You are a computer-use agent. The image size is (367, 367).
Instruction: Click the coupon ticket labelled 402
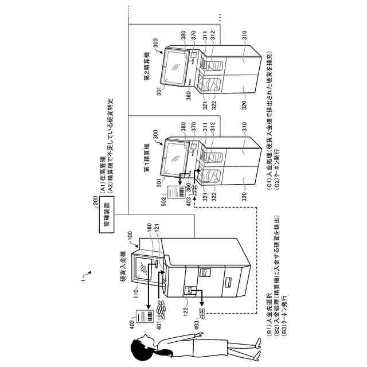[140, 318]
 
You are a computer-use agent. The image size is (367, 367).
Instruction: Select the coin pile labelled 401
[162, 310]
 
